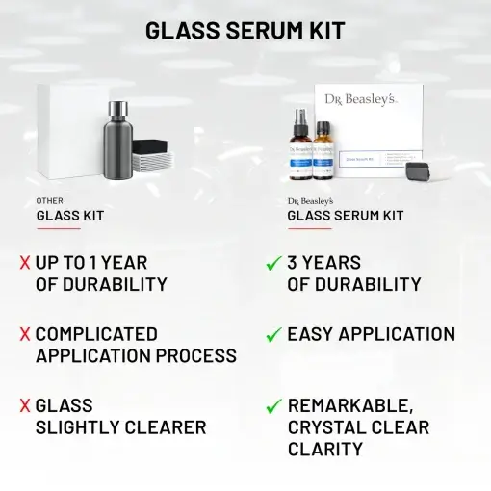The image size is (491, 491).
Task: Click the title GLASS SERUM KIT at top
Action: pos(245,30)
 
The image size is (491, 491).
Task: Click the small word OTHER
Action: pos(49,201)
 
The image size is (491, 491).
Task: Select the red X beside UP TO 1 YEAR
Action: pos(23,263)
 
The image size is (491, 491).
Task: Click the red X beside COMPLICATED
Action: pos(23,335)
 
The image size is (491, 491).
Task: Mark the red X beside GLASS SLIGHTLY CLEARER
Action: pos(23,406)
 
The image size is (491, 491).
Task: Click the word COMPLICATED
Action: pos(96,334)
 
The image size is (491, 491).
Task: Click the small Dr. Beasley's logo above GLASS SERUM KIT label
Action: pos(310,201)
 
